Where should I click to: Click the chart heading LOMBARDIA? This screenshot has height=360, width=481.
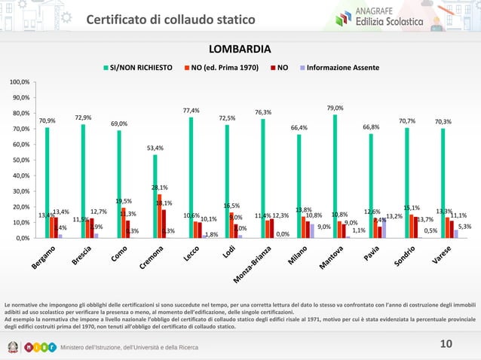point(240,50)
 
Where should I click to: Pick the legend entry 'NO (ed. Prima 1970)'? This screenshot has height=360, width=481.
point(224,67)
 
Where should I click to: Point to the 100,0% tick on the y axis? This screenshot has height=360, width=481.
point(20,81)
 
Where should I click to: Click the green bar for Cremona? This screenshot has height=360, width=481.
point(155,196)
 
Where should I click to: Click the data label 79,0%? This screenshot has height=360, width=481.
point(335,108)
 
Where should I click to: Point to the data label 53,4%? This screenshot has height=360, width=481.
point(155,148)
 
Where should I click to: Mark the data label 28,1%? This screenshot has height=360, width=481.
point(160,188)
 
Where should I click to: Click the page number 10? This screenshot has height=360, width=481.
point(445,344)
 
